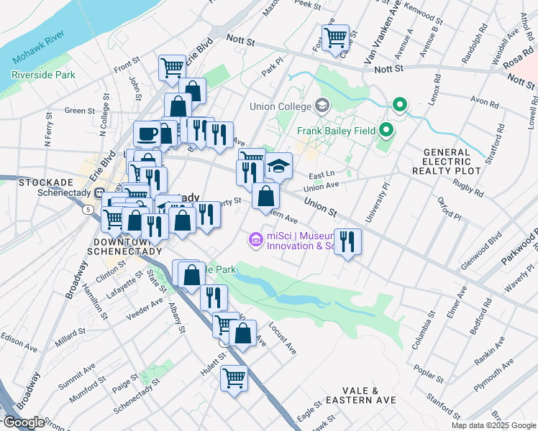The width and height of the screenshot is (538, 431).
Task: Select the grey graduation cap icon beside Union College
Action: [x=322, y=106]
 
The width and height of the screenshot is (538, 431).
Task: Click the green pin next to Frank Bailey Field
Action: [x=386, y=131]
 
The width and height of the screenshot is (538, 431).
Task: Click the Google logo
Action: [x=24, y=422]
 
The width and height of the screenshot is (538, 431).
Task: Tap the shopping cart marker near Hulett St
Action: [x=234, y=377]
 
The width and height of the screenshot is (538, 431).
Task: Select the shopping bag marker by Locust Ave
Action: [x=243, y=333]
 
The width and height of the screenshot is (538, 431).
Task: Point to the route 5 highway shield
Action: [x=88, y=209]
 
